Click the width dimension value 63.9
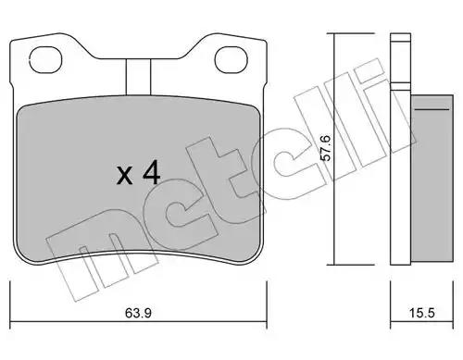click(138, 313)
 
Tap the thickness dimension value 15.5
click(422, 313)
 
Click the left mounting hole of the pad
click(45, 59)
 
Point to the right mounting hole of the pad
click(231, 59)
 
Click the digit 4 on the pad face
click(151, 174)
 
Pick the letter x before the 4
click(125, 176)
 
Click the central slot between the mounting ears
click(138, 77)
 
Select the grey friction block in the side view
click(432, 179)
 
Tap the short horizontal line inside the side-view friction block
click(432, 109)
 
